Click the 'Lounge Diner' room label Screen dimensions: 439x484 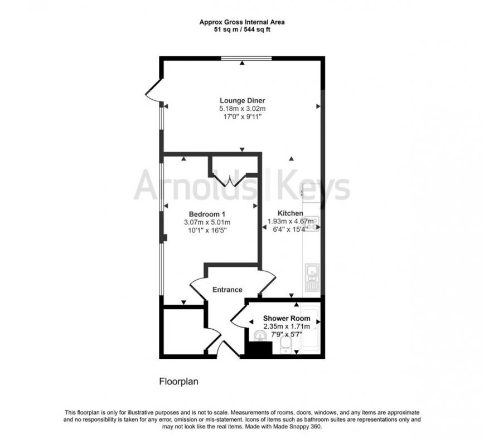tap(242, 100)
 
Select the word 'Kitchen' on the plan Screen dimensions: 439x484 tap(290, 213)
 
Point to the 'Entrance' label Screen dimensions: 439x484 tap(228, 290)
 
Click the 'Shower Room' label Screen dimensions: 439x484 tap(287, 319)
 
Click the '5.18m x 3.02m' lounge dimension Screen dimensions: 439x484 tap(242, 109)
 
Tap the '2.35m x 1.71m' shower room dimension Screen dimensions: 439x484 tap(287, 326)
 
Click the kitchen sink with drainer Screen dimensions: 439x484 tap(311, 276)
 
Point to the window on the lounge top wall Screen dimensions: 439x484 tap(246, 58)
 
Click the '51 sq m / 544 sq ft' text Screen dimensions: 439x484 tap(242, 30)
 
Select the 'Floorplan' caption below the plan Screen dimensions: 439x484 tap(179, 382)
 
